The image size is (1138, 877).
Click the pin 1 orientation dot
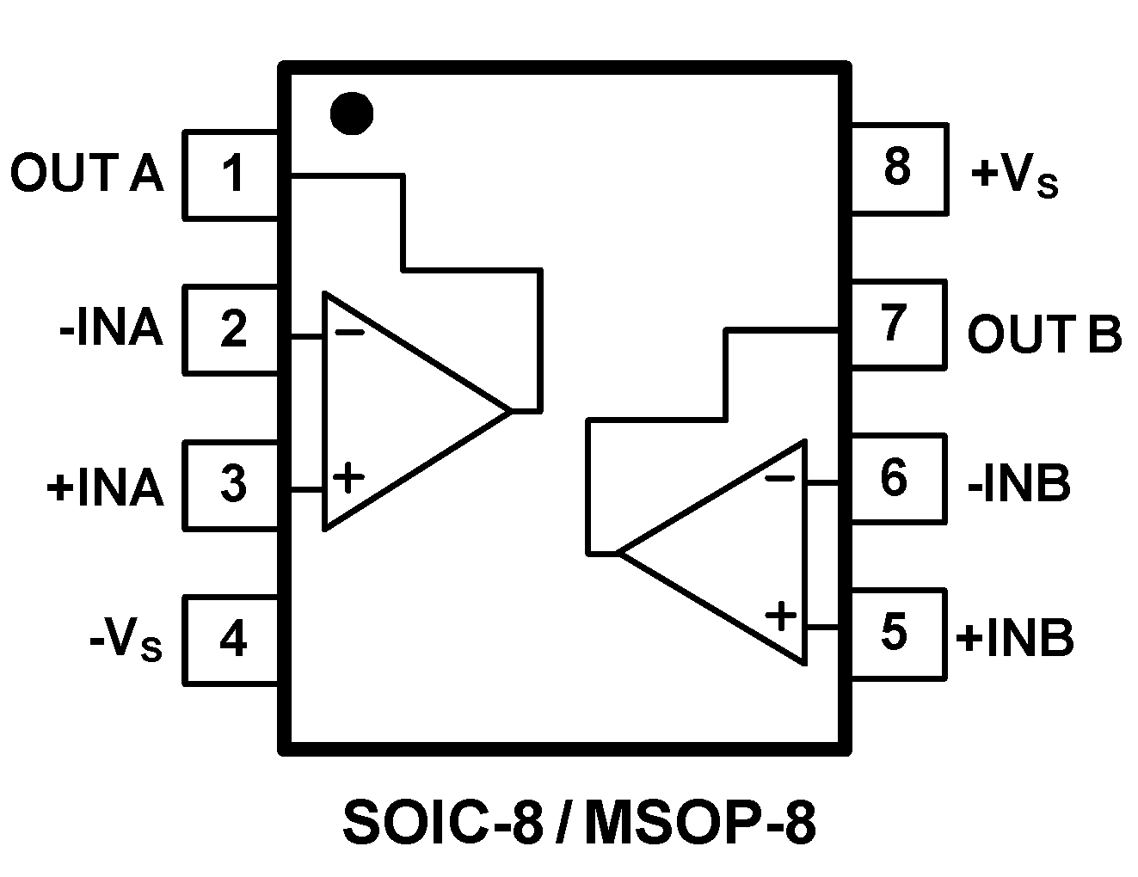click(x=351, y=113)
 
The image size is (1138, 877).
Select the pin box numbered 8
click(x=897, y=168)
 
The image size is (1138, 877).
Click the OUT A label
click(x=86, y=174)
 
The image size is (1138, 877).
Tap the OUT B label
click(x=1044, y=334)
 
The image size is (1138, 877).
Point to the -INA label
click(x=111, y=329)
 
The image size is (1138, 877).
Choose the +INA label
click(x=105, y=488)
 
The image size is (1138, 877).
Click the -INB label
click(x=1019, y=483)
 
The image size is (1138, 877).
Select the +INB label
click(x=1015, y=639)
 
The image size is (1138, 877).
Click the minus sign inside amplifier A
click(x=348, y=332)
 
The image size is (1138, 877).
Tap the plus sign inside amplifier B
click(x=781, y=616)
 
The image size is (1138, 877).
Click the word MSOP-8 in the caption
click(x=698, y=824)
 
